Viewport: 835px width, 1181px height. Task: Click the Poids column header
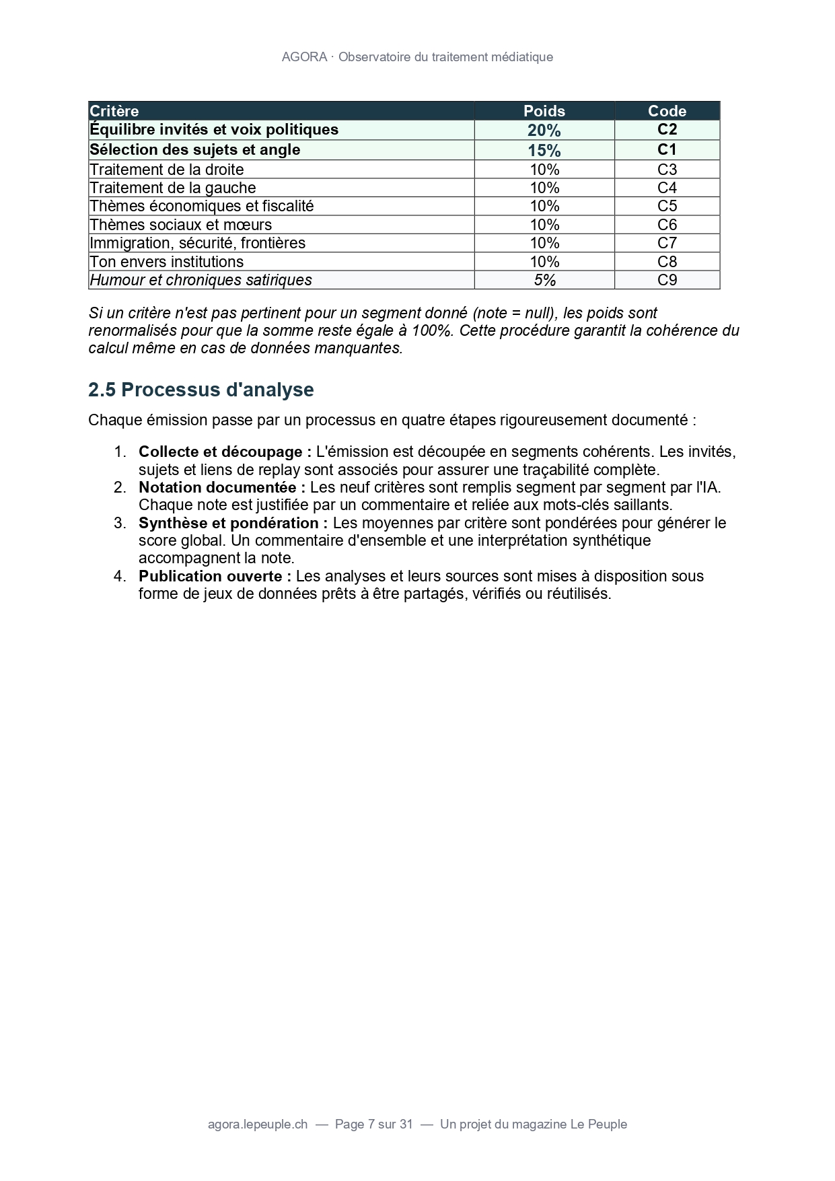(544, 111)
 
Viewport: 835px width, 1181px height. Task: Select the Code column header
(667, 111)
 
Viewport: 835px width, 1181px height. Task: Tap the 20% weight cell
(544, 130)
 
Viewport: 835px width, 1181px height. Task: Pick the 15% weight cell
(544, 150)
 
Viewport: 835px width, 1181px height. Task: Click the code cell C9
(667, 280)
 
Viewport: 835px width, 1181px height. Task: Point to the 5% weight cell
(544, 280)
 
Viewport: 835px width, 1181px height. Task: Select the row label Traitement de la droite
(167, 170)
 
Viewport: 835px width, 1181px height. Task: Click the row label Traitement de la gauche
(173, 188)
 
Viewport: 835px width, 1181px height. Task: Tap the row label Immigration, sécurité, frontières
(198, 243)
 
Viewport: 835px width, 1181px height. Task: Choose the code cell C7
(667, 243)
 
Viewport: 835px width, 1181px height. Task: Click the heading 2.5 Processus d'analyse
(201, 390)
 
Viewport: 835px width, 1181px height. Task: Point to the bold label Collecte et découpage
(225, 452)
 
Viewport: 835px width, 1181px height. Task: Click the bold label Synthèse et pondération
(233, 523)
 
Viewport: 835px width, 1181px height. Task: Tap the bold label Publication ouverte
(215, 576)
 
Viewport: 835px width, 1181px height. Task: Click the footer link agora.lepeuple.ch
(258, 1124)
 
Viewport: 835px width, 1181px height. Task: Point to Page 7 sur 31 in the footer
(373, 1124)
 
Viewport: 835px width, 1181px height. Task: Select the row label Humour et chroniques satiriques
(201, 280)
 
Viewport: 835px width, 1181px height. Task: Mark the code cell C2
(667, 129)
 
